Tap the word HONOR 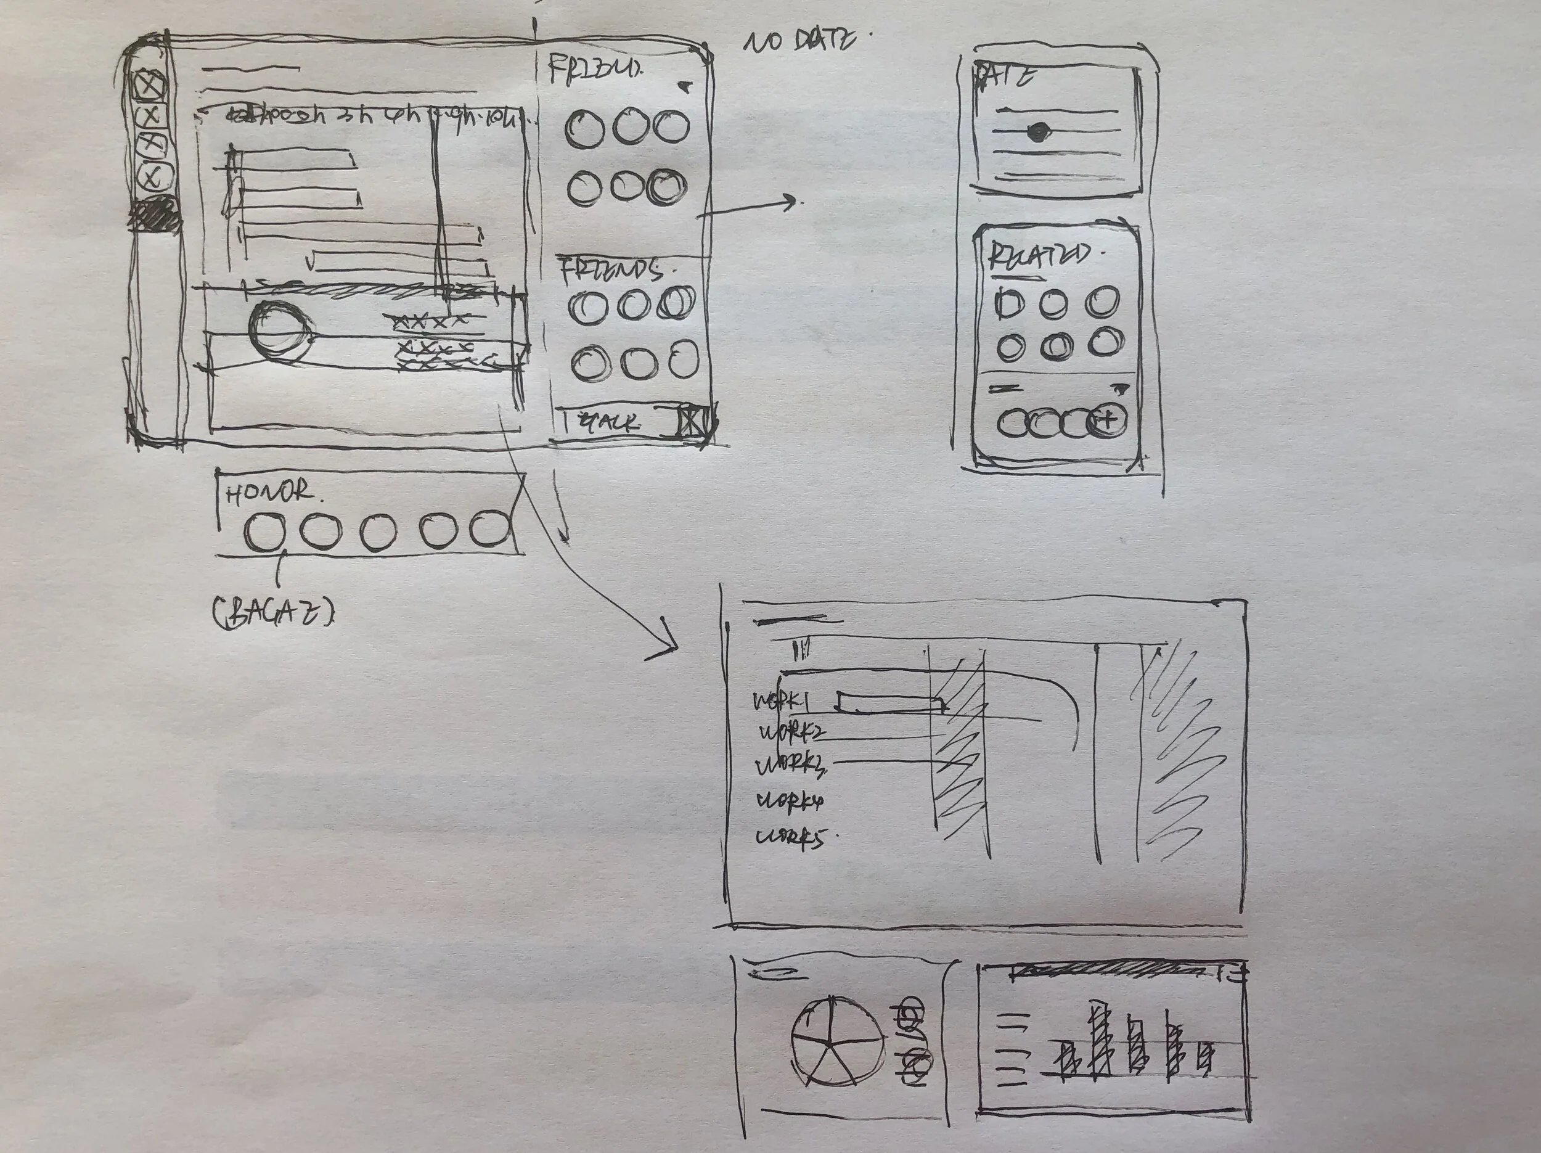[x=269, y=493]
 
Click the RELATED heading [x=1036, y=256]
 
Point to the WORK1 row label [x=780, y=702]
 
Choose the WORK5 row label [x=791, y=837]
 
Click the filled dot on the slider [x=1038, y=131]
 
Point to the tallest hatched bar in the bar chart [x=1098, y=1039]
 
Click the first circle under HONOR [x=264, y=531]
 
